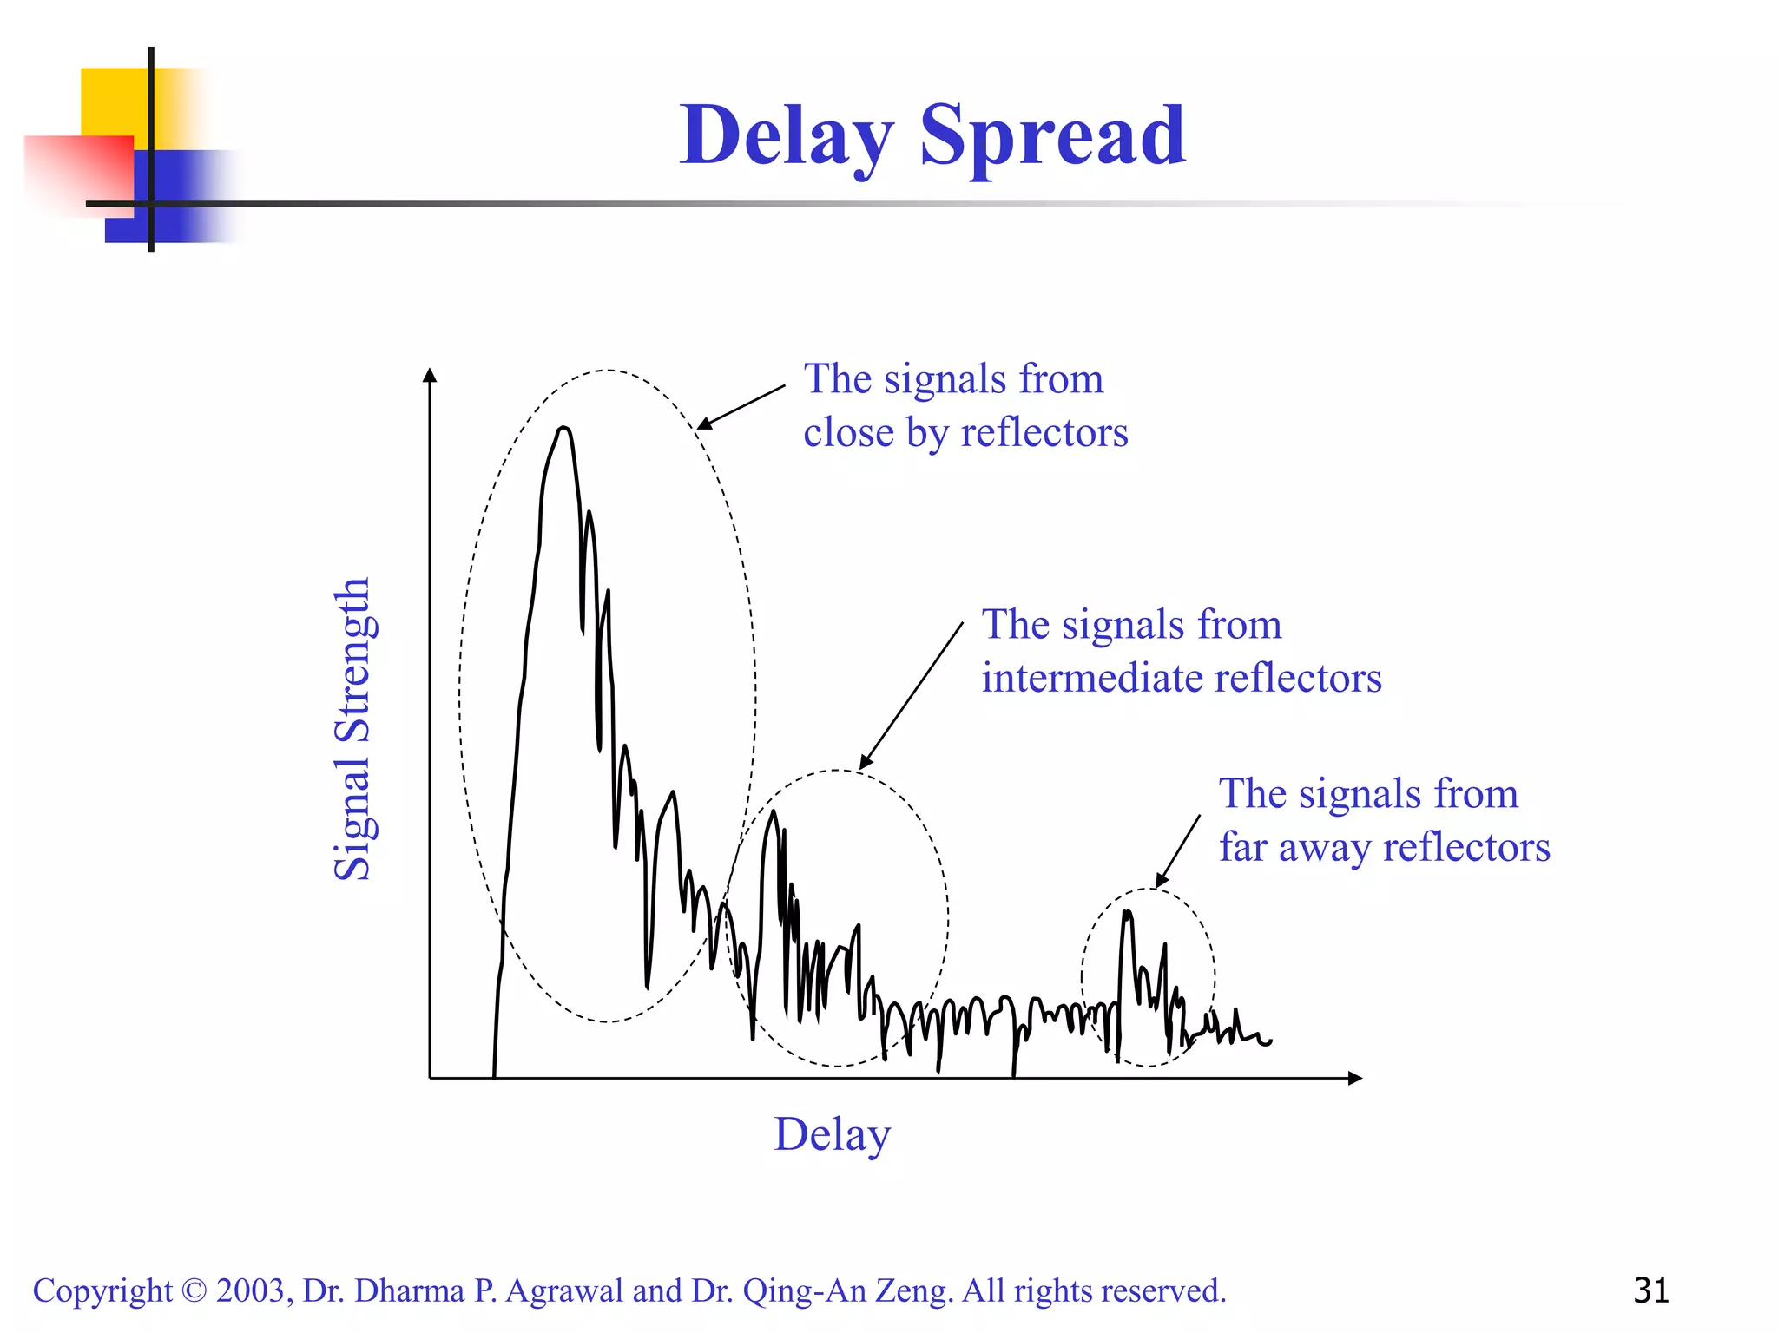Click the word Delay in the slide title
[787, 137]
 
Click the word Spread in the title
[1052, 137]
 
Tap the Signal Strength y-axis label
[353, 729]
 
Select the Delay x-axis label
[832, 1134]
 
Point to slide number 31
[1650, 1290]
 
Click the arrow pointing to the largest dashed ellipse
[741, 407]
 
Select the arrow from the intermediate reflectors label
[911, 696]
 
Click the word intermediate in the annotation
[1091, 678]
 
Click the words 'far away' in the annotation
[1294, 848]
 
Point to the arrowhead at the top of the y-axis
[429, 375]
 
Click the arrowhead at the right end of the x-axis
[1355, 1078]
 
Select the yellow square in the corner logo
[113, 100]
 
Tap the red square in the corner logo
[78, 174]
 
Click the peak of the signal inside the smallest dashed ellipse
[1127, 913]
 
